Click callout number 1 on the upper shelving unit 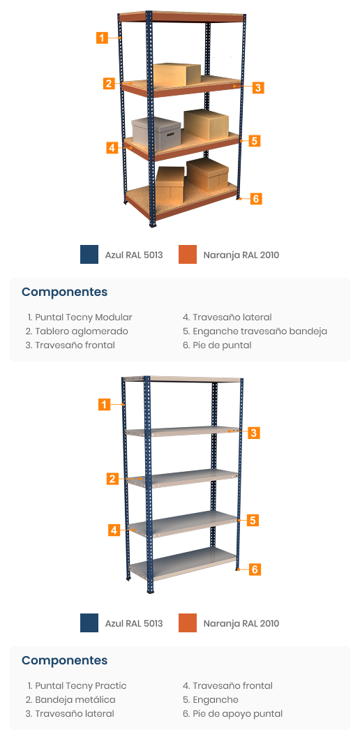pos(103,37)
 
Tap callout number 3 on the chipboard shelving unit pos(257,87)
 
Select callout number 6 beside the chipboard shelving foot pos(255,198)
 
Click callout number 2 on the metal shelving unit pos(112,479)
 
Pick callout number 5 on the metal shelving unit pos(253,521)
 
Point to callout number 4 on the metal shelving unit pos(114,530)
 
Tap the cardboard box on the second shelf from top pos(177,74)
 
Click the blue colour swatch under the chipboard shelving pos(89,254)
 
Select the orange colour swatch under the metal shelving pos(188,623)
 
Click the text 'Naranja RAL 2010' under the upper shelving pos(241,255)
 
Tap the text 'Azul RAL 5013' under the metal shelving pos(134,623)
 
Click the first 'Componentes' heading pos(64,292)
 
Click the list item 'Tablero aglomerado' pos(77,332)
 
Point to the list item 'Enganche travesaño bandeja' pos(255,332)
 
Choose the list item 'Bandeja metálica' pos(70,700)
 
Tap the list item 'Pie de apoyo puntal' pos(233,714)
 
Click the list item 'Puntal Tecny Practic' pos(77,686)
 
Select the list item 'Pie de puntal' pos(217,345)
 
